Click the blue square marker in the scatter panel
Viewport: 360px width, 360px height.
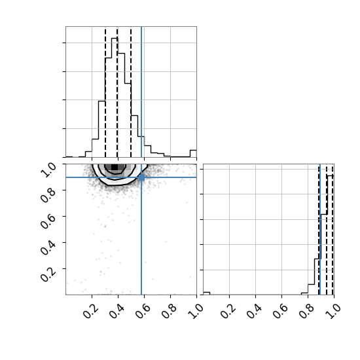point(141,177)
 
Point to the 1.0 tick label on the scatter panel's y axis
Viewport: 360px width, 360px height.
point(48,170)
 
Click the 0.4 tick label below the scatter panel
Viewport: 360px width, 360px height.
point(117,312)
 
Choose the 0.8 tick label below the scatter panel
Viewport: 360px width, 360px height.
point(169,312)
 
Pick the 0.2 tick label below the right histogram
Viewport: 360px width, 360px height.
point(228,312)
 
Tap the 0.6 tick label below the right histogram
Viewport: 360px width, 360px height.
point(280,312)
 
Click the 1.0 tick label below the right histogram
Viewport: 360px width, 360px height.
point(333,312)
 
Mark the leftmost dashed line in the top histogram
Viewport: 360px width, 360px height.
point(105,92)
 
